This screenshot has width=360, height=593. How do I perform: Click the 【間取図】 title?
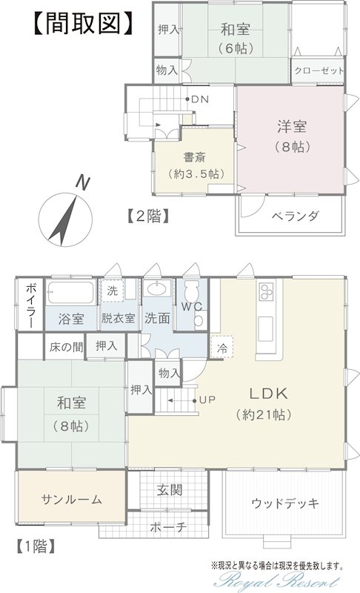tap(83, 24)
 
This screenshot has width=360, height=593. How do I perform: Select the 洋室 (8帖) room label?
tap(292, 136)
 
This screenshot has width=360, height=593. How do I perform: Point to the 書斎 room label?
tap(195, 157)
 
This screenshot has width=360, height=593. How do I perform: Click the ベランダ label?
tap(295, 216)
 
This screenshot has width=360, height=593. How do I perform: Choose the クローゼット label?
tap(319, 70)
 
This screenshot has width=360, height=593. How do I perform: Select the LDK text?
tap(269, 394)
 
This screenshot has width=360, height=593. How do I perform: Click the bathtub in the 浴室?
tap(70, 292)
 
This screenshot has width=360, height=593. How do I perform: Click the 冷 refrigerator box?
tap(222, 347)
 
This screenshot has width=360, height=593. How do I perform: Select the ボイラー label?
tap(30, 305)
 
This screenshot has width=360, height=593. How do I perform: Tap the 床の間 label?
tap(66, 346)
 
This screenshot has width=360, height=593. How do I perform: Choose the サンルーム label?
tap(71, 500)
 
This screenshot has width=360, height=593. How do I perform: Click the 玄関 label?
tap(170, 490)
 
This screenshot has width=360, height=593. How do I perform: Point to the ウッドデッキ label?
tap(285, 503)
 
